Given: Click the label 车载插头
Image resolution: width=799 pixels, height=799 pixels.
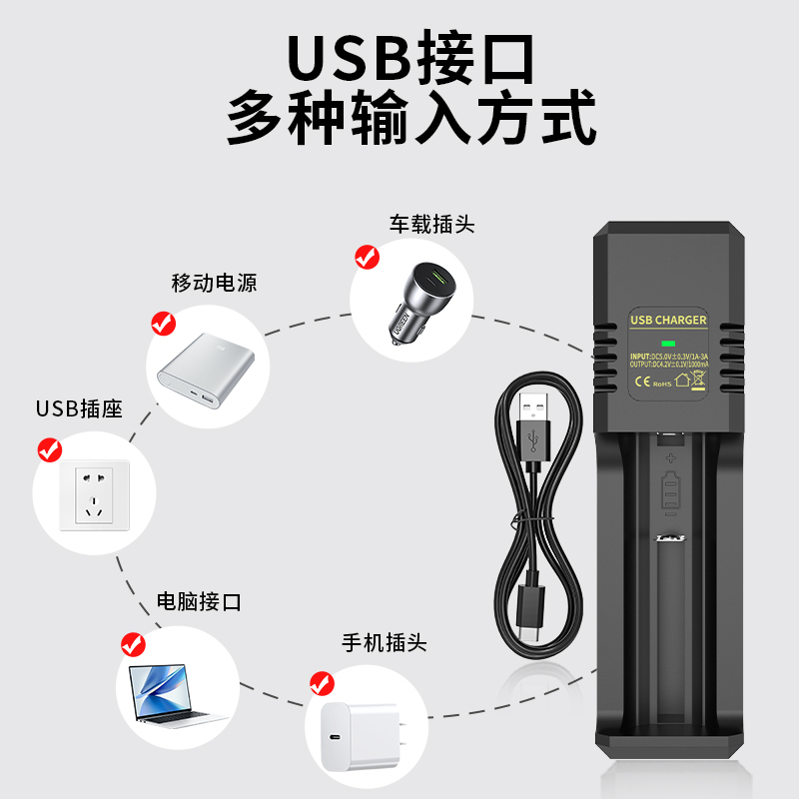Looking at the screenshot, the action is [431, 224].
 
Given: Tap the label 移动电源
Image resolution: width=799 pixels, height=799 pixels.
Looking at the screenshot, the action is [214, 283].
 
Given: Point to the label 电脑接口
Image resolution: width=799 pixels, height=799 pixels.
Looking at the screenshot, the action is [199, 601].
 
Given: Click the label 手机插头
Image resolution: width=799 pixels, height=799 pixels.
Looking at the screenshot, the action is [384, 642].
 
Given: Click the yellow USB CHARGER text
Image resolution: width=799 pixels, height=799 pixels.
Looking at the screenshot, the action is [668, 320].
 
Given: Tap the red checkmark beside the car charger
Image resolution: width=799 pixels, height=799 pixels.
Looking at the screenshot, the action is [368, 258].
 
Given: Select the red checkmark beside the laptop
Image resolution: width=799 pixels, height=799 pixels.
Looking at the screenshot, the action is [132, 643].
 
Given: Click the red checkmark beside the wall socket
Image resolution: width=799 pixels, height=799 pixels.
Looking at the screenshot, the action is [49, 450].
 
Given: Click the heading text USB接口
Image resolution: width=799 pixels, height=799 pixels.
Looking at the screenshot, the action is [410, 58].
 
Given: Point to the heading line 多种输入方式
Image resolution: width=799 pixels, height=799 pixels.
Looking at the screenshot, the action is [410, 118].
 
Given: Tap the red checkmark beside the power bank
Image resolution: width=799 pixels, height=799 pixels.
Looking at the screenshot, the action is [162, 323].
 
